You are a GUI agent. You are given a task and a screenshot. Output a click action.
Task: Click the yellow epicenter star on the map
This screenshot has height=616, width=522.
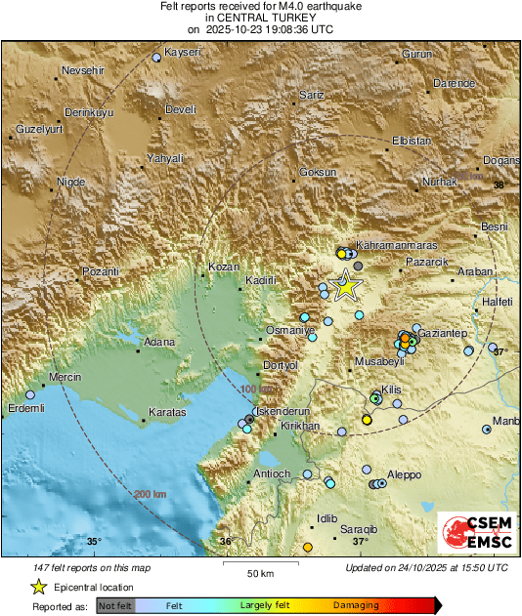pyautogui.click(x=345, y=287)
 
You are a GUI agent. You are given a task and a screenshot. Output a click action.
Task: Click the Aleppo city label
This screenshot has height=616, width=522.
pyautogui.click(x=404, y=474)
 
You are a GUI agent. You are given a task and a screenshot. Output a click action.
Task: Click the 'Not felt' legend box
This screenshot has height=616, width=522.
pyautogui.click(x=116, y=606)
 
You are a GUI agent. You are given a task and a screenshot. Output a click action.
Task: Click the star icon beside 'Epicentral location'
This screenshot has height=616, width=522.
pyautogui.click(x=38, y=587)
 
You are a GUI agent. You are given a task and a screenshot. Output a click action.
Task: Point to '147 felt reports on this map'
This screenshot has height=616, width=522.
pyautogui.click(x=91, y=567)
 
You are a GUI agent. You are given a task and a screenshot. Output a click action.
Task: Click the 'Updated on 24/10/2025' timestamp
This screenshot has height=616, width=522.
pyautogui.click(x=426, y=567)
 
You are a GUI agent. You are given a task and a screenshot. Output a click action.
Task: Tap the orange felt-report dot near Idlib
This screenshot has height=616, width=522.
pyautogui.click(x=307, y=548)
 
